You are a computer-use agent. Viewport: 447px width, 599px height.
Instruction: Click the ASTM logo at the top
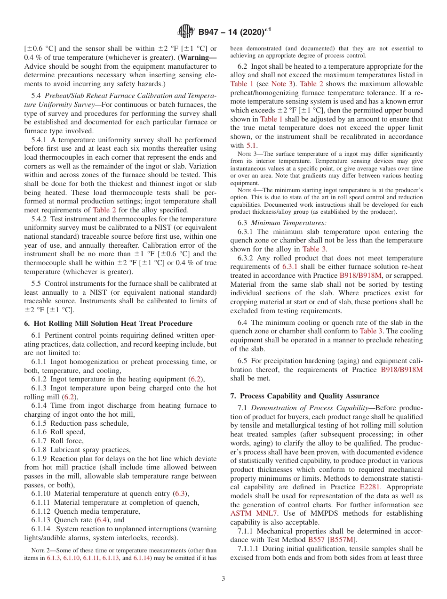(186, 32)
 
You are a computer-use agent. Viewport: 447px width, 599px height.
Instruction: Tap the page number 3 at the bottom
(223, 578)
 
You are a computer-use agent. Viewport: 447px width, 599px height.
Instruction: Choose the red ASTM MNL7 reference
(251, 513)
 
